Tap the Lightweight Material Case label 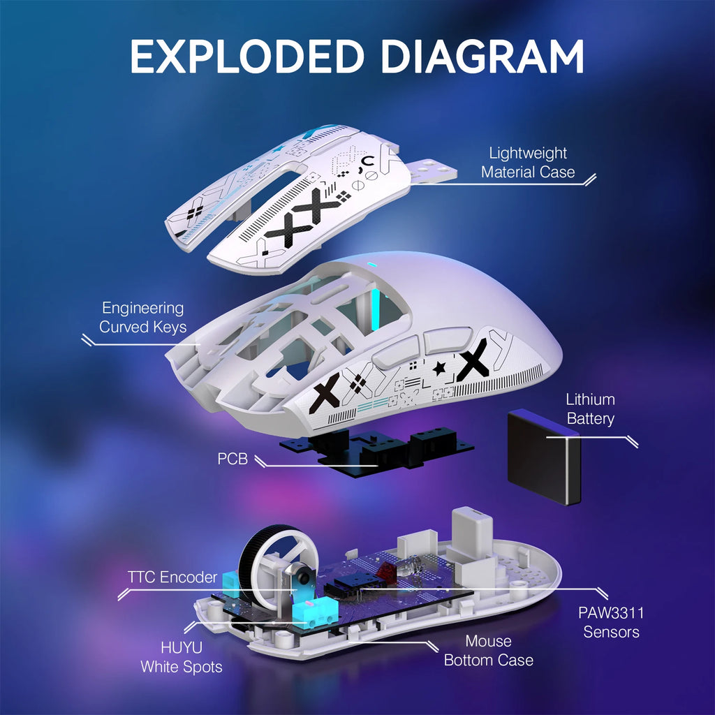point(528,162)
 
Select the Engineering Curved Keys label point(142,317)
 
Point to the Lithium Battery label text point(590,409)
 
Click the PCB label point(232,461)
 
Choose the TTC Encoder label point(171,577)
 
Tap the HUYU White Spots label point(182,657)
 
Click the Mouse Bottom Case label point(489,650)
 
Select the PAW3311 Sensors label point(611,622)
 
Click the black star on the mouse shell point(439,369)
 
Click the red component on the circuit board point(383,570)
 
